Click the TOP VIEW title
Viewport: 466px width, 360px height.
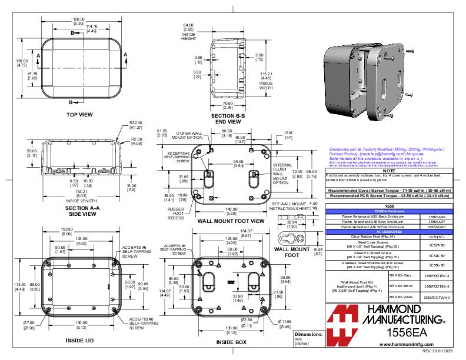79,115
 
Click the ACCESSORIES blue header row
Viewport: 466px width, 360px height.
389,232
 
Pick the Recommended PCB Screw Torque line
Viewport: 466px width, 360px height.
389,196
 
